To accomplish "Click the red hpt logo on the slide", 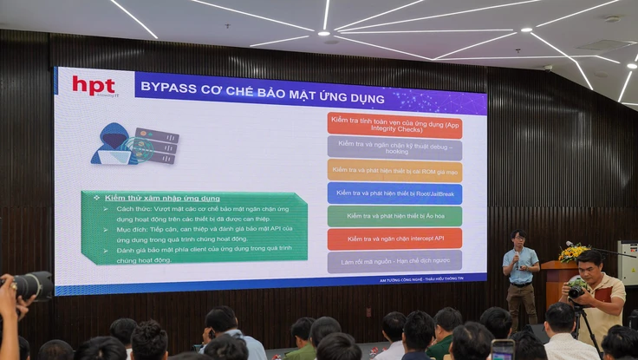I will [94, 85].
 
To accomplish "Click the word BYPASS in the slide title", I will [166, 87].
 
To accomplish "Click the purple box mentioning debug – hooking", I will [394, 147].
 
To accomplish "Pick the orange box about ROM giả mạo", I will [394, 170].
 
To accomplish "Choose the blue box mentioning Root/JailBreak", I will [394, 193].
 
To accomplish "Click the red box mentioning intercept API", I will [394, 238].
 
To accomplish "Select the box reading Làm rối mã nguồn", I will [394, 260].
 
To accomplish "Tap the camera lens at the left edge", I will [33, 285].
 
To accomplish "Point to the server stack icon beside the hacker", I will [157, 146].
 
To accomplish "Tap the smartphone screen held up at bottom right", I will [503, 350].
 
